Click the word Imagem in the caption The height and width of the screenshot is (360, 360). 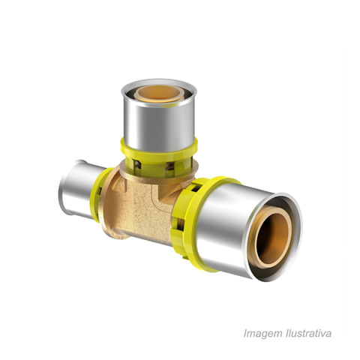pos(262,334)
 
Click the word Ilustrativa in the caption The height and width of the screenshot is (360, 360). pos(308,333)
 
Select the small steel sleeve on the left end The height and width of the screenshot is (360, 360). pos(79,189)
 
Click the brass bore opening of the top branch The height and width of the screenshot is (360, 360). pos(159,93)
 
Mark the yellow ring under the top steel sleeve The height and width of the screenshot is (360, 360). pos(159,156)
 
